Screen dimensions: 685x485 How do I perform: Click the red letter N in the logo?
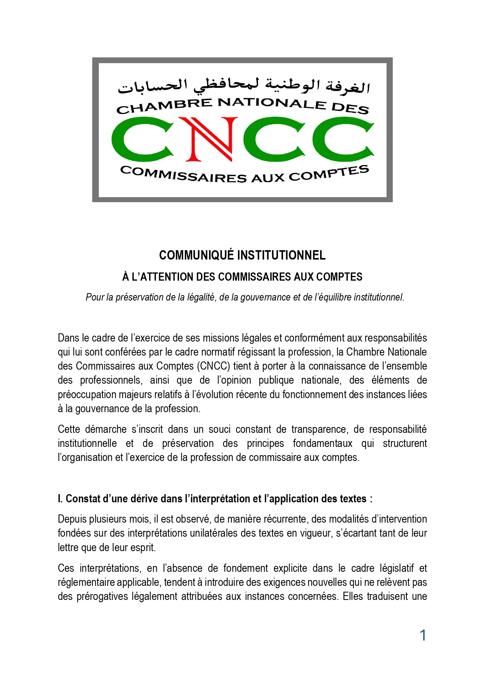[208, 139]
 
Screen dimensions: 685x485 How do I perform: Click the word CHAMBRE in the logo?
[164, 105]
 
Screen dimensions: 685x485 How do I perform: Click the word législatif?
[394, 568]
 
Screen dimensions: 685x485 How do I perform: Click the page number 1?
[423, 635]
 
